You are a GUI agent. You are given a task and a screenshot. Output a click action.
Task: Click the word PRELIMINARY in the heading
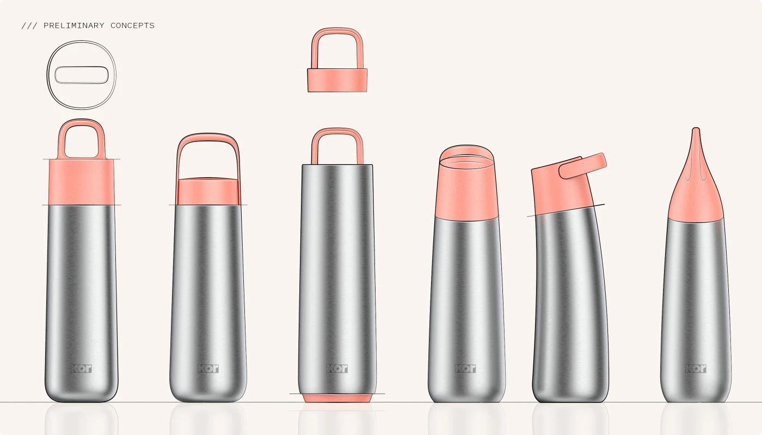[x=74, y=26]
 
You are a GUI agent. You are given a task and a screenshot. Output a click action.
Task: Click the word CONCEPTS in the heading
[x=132, y=26]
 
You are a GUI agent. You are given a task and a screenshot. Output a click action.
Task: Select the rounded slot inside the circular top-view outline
[x=81, y=75]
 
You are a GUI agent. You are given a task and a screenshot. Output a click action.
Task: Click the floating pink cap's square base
[x=337, y=80]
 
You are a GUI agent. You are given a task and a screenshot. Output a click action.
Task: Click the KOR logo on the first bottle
[x=81, y=369]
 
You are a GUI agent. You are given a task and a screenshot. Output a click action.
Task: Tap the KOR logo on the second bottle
[x=208, y=369]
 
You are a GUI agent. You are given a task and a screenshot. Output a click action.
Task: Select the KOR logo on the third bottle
[x=337, y=369]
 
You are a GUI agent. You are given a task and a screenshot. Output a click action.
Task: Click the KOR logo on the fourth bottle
[x=466, y=369]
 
